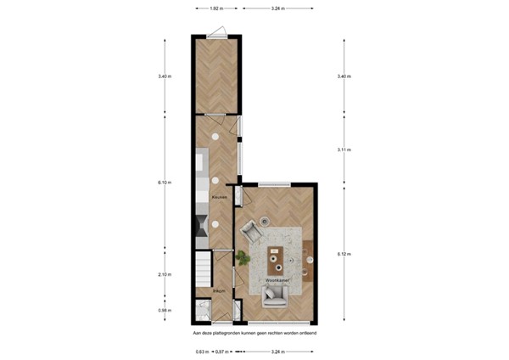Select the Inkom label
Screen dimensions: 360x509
coord(218,292)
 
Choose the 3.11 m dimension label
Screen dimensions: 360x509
coord(343,150)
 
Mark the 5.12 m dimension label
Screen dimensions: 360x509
coord(343,254)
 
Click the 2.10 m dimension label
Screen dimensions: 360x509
coord(164,273)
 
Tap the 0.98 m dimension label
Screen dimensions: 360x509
coord(164,310)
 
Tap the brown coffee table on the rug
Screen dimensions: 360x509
coord(276,252)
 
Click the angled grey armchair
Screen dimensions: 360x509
coord(252,230)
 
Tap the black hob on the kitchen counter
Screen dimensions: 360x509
coord(202,226)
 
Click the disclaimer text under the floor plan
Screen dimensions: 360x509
coord(255,334)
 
